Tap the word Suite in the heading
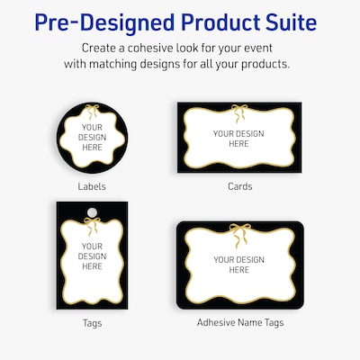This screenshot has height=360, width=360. click(297, 22)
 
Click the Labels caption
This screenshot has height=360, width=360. click(92, 187)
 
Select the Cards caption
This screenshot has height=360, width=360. click(239, 187)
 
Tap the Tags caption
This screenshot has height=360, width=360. click(92, 321)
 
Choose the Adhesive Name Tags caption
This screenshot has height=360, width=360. click(239, 321)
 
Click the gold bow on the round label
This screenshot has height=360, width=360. click(91, 112)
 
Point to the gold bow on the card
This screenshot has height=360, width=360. click(239, 112)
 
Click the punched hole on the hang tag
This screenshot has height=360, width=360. click(92, 213)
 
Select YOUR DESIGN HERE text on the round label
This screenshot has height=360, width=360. click(91, 139)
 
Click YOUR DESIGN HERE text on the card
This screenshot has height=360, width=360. click(238, 139)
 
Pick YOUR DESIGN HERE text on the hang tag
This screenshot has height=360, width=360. click(92, 256)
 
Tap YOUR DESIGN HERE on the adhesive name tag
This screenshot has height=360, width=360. click(238, 265)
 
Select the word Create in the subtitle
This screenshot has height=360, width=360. click(102, 47)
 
